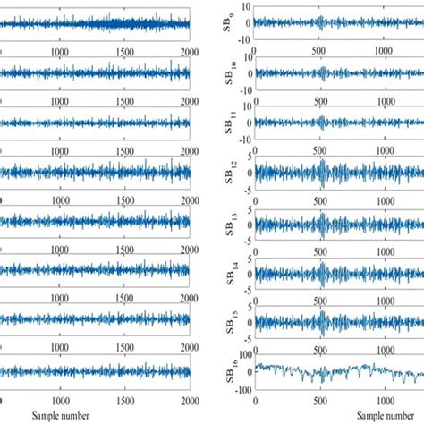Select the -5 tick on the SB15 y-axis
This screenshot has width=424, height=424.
tap(244, 334)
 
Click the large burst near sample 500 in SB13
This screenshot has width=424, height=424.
tap(319, 220)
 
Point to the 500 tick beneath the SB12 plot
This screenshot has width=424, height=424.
tap(319, 197)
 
